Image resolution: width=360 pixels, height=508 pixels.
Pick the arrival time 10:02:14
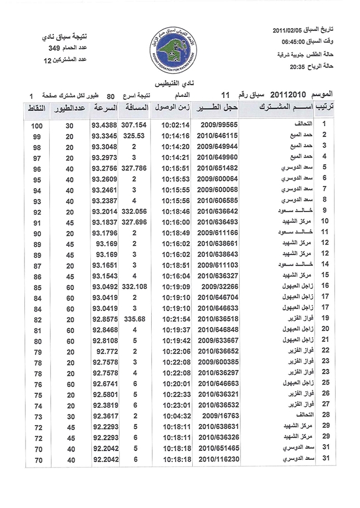click(176, 126)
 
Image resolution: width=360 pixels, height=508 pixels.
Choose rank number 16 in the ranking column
click(326, 286)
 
